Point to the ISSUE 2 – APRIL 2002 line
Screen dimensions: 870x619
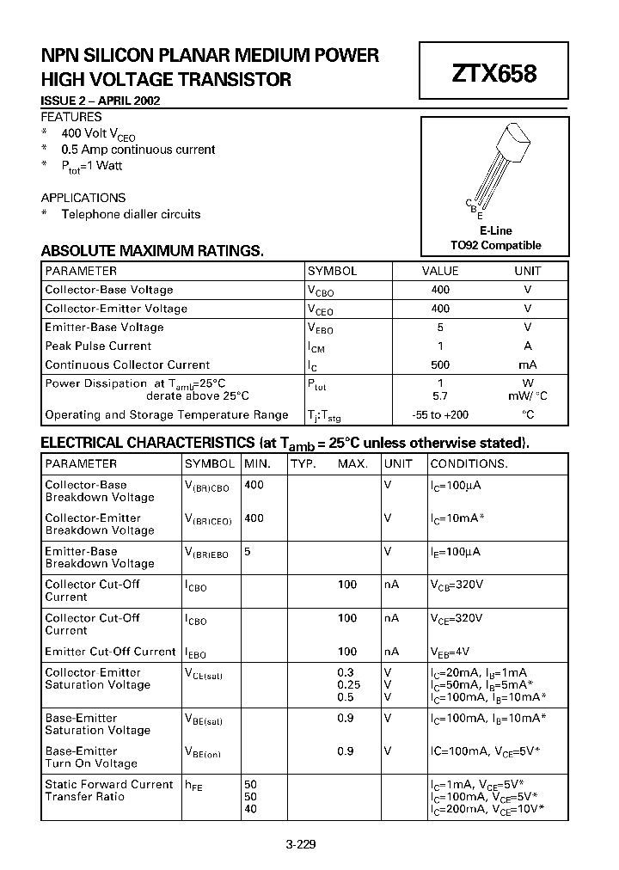coord(101,101)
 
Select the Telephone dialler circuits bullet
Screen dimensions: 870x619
coord(131,214)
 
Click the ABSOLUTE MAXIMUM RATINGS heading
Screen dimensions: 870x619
coord(152,251)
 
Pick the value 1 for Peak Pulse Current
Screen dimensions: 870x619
coord(440,346)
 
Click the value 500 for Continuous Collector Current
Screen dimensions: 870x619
coord(440,365)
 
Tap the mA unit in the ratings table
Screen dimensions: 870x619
coord(527,365)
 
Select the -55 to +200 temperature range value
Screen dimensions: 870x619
coord(440,414)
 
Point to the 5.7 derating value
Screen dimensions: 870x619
coord(440,396)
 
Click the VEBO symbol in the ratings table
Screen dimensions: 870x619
coord(320,328)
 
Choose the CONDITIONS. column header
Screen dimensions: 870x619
coord(469,463)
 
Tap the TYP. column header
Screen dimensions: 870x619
coord(303,463)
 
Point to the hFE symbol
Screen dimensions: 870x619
coord(194,785)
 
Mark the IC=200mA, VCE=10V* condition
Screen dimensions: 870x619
coord(487,809)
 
